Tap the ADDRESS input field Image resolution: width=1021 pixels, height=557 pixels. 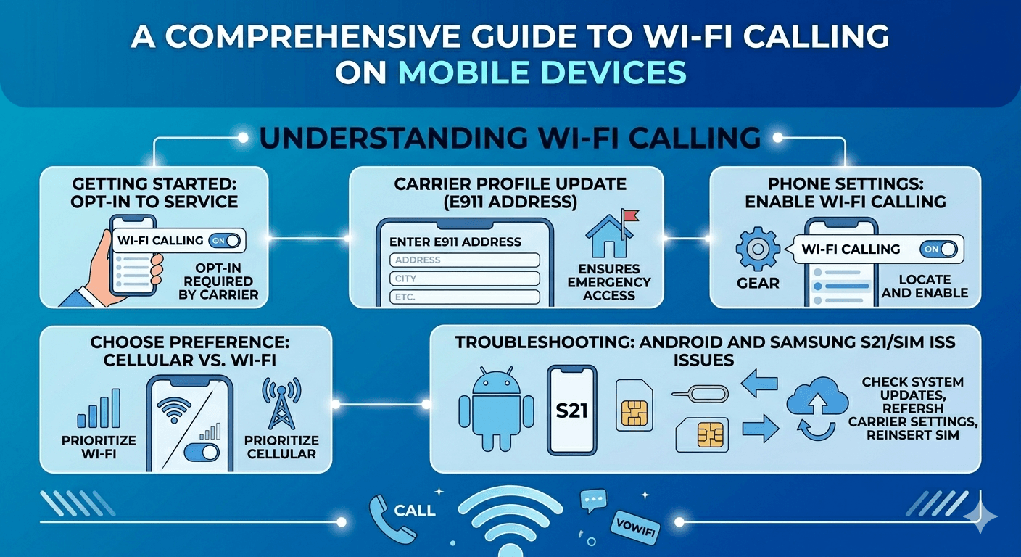tap(465, 260)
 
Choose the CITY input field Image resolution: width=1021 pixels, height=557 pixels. tap(465, 278)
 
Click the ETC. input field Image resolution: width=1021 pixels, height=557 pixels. tap(465, 297)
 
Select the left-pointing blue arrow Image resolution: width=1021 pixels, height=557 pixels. tap(758, 383)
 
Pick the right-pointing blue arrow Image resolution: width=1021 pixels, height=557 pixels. tap(760, 429)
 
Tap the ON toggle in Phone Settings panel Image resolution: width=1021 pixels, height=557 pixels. tap(938, 249)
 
